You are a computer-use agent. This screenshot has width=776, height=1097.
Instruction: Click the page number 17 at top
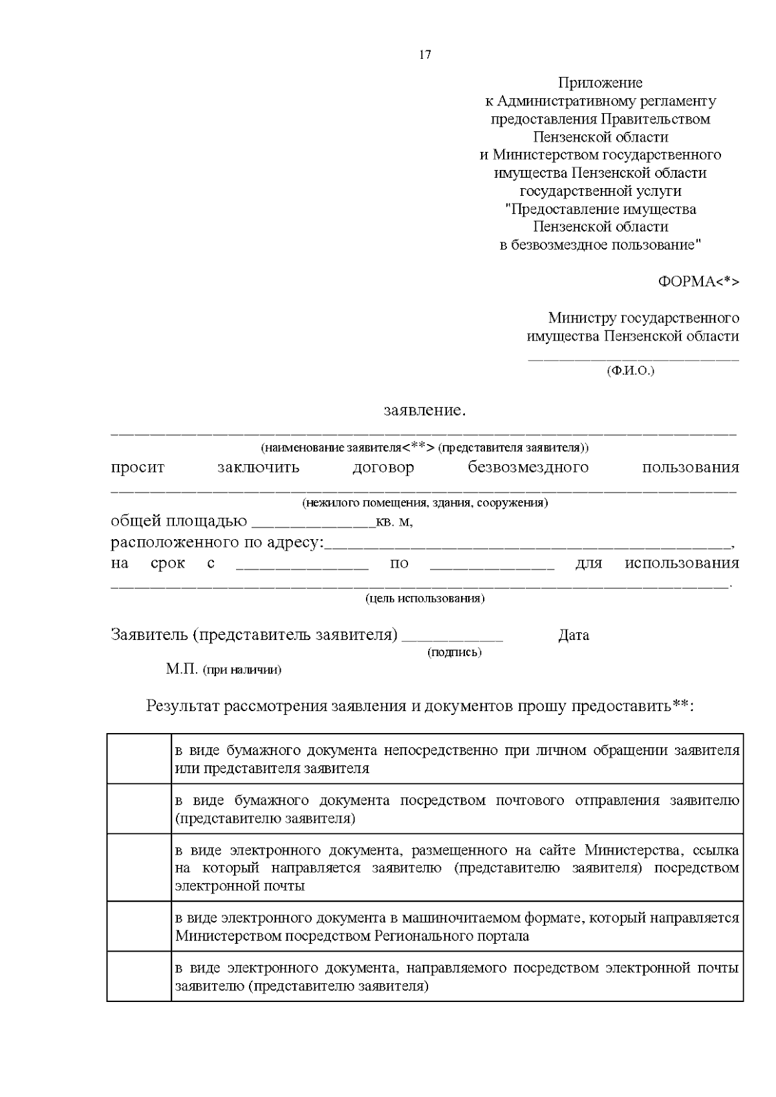(x=425, y=55)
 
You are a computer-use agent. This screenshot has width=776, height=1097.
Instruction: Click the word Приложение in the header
(x=600, y=83)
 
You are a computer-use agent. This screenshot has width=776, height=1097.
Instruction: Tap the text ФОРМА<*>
(x=698, y=282)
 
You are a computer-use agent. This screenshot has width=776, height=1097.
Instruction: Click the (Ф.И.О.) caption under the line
(x=630, y=371)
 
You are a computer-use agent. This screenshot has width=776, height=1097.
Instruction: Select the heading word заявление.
(x=424, y=410)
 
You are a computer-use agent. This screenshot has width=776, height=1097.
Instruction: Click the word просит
(x=138, y=467)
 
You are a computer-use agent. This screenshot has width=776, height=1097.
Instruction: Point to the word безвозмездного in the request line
(x=528, y=467)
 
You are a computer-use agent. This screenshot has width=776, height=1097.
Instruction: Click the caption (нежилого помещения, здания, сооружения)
(x=425, y=503)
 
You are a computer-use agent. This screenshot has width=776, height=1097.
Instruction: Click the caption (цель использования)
(x=425, y=599)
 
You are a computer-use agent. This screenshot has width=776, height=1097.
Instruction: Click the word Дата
(x=574, y=635)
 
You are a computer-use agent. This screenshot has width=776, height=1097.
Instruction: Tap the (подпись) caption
(x=455, y=652)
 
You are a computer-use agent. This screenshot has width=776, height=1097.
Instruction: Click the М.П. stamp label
(x=182, y=669)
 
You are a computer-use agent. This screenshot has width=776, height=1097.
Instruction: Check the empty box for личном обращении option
(x=139, y=759)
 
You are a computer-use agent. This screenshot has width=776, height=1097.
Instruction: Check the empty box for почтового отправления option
(x=139, y=809)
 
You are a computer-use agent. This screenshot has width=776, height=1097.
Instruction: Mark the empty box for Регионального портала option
(x=139, y=926)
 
